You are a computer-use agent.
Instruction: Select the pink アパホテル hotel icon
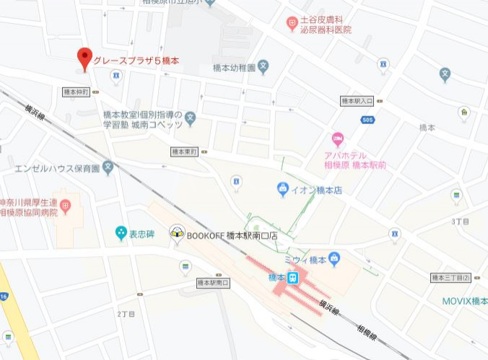click(x=337, y=139)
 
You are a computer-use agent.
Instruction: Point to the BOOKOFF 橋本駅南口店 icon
click(x=176, y=234)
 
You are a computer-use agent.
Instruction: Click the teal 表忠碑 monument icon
click(x=121, y=233)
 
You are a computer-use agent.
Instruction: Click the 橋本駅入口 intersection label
click(x=357, y=102)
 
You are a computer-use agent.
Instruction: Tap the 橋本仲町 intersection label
click(x=76, y=92)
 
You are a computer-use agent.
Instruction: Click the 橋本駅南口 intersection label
click(x=212, y=283)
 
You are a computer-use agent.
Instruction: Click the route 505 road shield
click(x=369, y=120)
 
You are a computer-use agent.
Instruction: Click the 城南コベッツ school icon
click(x=190, y=116)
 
